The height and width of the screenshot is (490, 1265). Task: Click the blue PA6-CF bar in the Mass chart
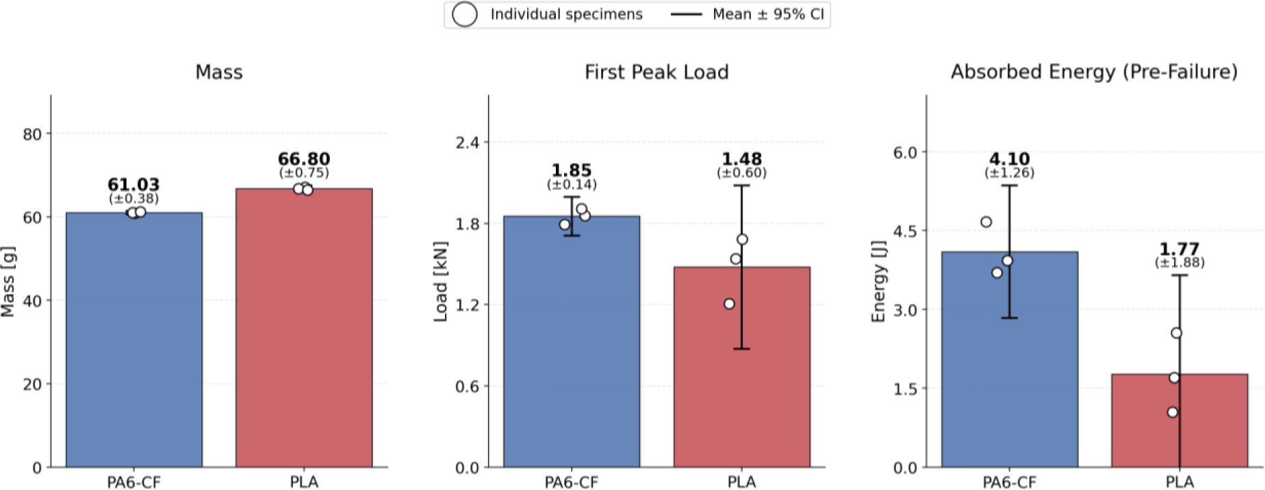point(134,340)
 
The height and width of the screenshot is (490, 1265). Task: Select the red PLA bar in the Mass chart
point(304,328)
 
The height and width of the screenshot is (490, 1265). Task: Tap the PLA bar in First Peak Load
point(742,367)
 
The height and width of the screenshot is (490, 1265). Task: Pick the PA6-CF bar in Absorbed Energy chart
point(1010,360)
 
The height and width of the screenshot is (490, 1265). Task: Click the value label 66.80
point(304,159)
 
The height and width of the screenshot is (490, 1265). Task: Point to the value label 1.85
point(572,170)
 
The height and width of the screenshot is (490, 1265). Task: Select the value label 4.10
point(1010,159)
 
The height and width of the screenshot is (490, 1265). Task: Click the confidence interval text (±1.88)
point(1179,262)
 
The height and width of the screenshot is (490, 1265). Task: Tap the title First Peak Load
point(656,72)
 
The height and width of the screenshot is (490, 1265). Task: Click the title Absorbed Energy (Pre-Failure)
point(1094,72)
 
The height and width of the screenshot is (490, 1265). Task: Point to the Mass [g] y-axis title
point(8,282)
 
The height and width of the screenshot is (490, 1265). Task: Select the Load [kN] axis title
point(441,282)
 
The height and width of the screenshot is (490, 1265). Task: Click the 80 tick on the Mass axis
point(32,134)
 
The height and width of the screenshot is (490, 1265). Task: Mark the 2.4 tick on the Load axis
point(468,143)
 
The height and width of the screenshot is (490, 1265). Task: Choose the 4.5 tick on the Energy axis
point(906,231)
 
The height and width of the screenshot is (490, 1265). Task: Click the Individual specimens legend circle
point(464,14)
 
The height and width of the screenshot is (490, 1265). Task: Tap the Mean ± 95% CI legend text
point(768,14)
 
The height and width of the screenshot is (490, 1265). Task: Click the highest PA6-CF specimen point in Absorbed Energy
point(986,222)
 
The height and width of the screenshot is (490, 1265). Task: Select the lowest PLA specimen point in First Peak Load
point(730,304)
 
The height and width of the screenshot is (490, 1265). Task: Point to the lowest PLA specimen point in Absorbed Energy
point(1173,413)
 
